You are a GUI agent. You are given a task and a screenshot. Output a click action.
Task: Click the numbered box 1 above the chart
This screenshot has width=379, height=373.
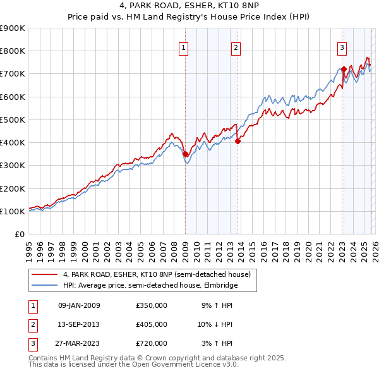pyautogui.click(x=183, y=47)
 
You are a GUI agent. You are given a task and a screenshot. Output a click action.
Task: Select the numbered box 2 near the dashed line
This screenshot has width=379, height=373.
pyautogui.click(x=236, y=47)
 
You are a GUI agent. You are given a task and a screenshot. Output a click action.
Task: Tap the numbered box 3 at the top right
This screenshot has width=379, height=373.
pyautogui.click(x=342, y=47)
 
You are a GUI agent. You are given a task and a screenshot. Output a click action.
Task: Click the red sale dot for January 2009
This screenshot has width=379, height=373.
pyautogui.click(x=185, y=154)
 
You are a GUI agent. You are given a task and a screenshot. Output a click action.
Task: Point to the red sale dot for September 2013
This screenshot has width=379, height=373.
pyautogui.click(x=238, y=142)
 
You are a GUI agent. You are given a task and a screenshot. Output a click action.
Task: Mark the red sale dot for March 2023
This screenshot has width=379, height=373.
pyautogui.click(x=344, y=69)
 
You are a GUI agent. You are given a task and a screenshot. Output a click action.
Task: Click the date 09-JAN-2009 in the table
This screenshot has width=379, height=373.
pyautogui.click(x=78, y=305)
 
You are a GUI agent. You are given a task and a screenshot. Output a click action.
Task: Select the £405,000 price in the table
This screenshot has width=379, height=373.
pyautogui.click(x=152, y=324)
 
